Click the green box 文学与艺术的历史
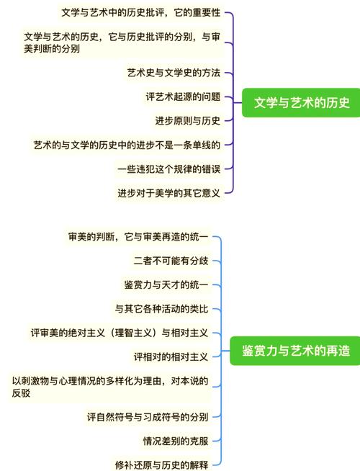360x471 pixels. [x=301, y=103]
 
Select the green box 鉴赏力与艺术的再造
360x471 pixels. [x=295, y=351]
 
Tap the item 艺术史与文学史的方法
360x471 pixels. [x=174, y=73]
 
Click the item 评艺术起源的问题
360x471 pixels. [x=183, y=97]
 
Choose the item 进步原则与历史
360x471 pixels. [x=188, y=121]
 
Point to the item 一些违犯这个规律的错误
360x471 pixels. [x=168, y=169]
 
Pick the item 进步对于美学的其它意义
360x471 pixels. [x=168, y=193]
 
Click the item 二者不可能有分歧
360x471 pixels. [x=171, y=261]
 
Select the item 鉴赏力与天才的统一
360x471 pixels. [x=166, y=284]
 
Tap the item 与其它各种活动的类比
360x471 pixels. [x=161, y=309]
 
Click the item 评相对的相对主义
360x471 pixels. [x=171, y=357]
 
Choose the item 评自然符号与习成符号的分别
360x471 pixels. [x=148, y=417]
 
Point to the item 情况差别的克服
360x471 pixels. [x=176, y=441]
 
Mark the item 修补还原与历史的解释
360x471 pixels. [x=161, y=465]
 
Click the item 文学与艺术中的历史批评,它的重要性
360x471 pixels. [x=141, y=13]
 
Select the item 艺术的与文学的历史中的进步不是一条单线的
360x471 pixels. [x=127, y=145]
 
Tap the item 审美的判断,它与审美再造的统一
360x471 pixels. [x=138, y=237]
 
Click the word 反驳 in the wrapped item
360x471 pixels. [x=21, y=393]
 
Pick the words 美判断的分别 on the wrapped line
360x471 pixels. [x=52, y=49]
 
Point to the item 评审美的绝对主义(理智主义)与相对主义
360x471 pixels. [x=120, y=333]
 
